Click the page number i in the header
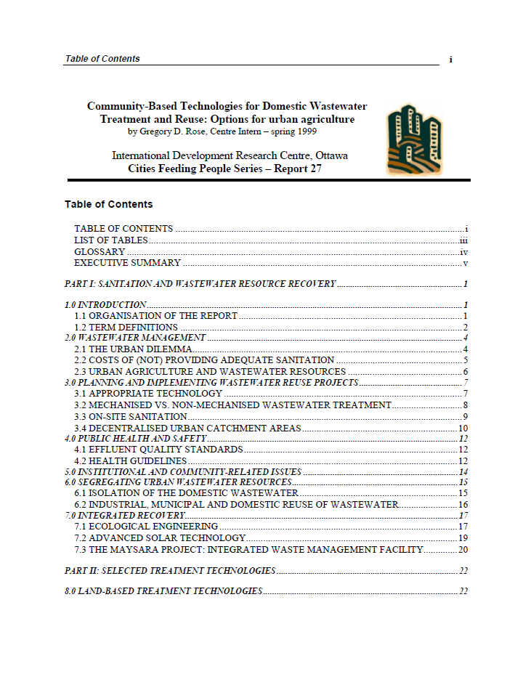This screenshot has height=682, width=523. [x=451, y=59]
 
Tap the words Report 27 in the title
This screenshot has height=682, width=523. [x=295, y=169]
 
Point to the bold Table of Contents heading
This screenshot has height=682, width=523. [x=108, y=204]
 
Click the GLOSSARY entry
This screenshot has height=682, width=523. [x=100, y=252]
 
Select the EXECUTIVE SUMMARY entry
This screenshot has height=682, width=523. [x=127, y=263]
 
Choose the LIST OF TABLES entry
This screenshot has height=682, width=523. [x=110, y=240]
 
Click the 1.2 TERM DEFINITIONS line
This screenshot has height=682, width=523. [x=126, y=327]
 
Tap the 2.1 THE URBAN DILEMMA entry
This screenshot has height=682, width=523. [x=133, y=349]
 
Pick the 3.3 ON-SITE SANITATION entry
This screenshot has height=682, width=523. [x=131, y=416]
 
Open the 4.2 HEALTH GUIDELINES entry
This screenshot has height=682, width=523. [x=130, y=460]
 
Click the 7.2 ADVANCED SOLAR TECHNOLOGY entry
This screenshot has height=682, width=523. [x=160, y=538]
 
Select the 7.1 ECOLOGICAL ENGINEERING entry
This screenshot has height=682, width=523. [x=146, y=527]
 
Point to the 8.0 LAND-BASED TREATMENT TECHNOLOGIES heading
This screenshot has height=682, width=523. [x=163, y=591]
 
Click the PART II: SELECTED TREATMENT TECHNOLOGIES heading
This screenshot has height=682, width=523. [x=170, y=571]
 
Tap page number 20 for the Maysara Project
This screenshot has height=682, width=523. [x=462, y=550]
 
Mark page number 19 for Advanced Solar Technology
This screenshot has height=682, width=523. [x=462, y=538]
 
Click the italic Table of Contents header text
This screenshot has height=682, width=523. [x=102, y=59]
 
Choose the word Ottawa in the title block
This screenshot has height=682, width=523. [x=330, y=156]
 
